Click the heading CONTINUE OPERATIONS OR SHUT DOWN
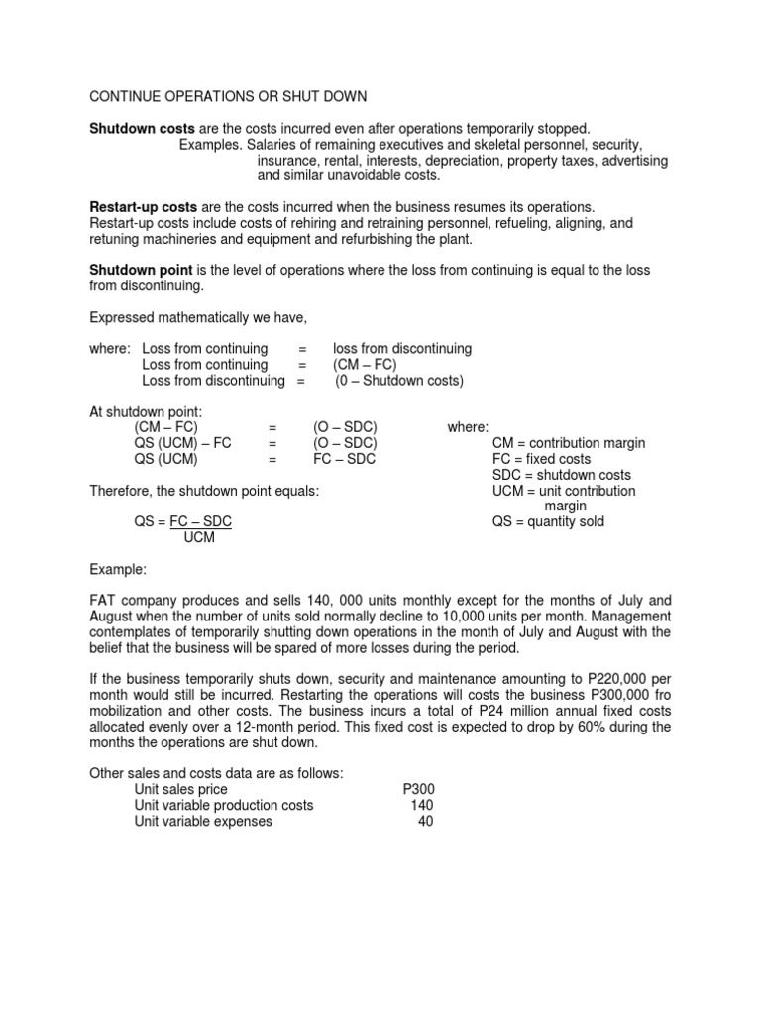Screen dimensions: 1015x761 point(228,96)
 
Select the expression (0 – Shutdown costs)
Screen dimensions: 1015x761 point(398,380)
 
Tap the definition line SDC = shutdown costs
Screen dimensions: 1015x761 point(561,475)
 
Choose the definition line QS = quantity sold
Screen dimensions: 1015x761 point(548,521)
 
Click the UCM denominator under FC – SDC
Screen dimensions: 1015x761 point(199,537)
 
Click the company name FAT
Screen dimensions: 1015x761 point(105,601)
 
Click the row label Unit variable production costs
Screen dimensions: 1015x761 point(224,805)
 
